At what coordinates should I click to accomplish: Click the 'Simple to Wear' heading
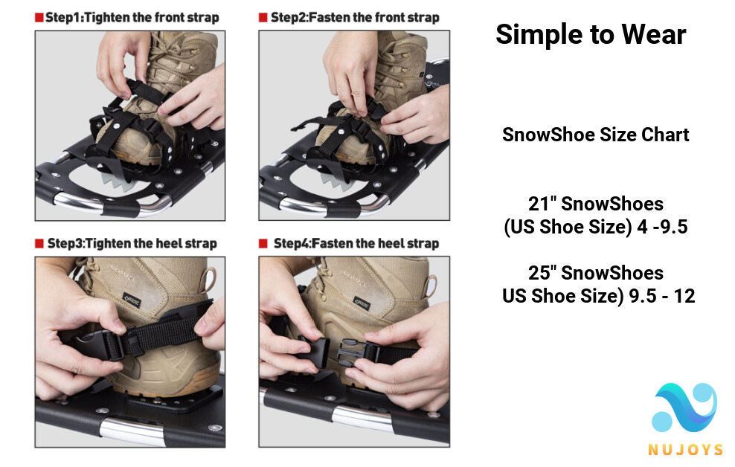click(590, 34)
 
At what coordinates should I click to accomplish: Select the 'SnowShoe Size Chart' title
click(595, 135)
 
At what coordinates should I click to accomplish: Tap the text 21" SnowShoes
click(595, 203)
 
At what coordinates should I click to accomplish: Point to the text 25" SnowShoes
click(595, 272)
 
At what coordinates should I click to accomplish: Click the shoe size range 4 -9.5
click(662, 227)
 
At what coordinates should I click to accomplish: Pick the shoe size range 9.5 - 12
click(661, 296)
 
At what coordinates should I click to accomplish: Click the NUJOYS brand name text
click(684, 449)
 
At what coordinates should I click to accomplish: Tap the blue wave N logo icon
click(684, 408)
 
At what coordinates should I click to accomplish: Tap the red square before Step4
click(263, 243)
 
